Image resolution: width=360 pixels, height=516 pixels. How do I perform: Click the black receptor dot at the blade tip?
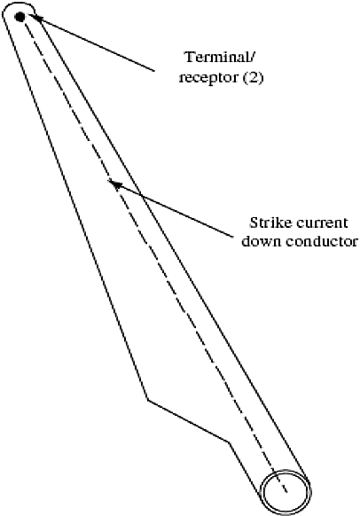(20, 17)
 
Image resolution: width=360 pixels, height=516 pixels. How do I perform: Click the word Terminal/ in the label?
(220, 57)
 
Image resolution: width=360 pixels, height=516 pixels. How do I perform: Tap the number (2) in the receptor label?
(254, 77)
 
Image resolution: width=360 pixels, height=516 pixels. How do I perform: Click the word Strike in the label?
(270, 223)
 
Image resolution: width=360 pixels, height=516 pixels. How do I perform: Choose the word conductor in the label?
(321, 241)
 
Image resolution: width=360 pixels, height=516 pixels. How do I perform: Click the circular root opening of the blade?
(286, 492)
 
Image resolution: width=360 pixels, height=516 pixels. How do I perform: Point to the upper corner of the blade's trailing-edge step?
(147, 400)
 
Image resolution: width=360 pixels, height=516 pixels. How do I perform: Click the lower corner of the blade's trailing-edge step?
(229, 442)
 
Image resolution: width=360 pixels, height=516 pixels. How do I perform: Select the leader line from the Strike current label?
(171, 208)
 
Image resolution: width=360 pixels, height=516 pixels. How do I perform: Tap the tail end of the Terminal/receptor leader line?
(154, 71)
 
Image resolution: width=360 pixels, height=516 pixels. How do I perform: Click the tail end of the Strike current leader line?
(233, 237)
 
